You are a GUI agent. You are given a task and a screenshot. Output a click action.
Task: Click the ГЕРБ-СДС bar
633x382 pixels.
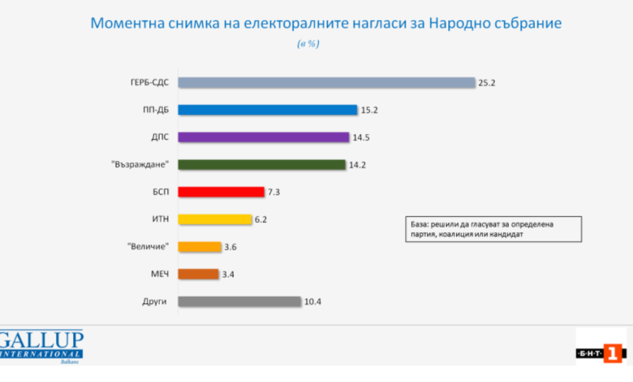(x=326, y=82)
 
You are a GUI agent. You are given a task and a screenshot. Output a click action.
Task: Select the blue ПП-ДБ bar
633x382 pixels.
(x=268, y=110)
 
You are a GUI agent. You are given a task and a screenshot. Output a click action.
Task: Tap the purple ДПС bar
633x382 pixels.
(x=264, y=137)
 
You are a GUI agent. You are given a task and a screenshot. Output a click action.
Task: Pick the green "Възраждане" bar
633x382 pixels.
(x=261, y=164)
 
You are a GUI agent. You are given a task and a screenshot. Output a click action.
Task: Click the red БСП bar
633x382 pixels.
(x=222, y=192)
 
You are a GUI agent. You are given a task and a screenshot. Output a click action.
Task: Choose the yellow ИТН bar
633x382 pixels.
(x=215, y=219)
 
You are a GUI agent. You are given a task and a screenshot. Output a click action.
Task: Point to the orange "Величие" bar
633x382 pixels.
(x=200, y=246)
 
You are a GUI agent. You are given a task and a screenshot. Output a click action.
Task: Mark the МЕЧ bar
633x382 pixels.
(x=198, y=274)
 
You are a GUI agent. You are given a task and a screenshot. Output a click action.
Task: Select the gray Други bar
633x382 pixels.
(x=239, y=302)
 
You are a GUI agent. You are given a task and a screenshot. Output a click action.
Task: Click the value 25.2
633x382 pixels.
(x=486, y=83)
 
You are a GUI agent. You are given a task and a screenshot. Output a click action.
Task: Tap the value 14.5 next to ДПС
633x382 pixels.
(x=361, y=137)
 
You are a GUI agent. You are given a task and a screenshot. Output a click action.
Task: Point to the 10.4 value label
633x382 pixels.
(x=312, y=302)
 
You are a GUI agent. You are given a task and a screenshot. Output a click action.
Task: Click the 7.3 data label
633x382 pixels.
(x=273, y=192)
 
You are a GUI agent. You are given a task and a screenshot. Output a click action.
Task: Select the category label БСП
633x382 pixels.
(x=161, y=192)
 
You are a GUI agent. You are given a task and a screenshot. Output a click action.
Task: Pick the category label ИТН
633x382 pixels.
(x=160, y=219)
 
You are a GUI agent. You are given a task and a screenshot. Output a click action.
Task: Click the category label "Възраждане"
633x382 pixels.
(x=140, y=164)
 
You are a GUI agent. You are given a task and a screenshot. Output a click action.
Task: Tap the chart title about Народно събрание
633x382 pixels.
(x=325, y=23)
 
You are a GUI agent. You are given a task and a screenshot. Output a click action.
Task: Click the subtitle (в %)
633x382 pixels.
(x=308, y=44)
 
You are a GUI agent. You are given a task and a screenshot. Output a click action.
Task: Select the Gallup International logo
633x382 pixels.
(x=41, y=346)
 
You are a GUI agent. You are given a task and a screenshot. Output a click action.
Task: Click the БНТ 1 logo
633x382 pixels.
(x=601, y=354)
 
